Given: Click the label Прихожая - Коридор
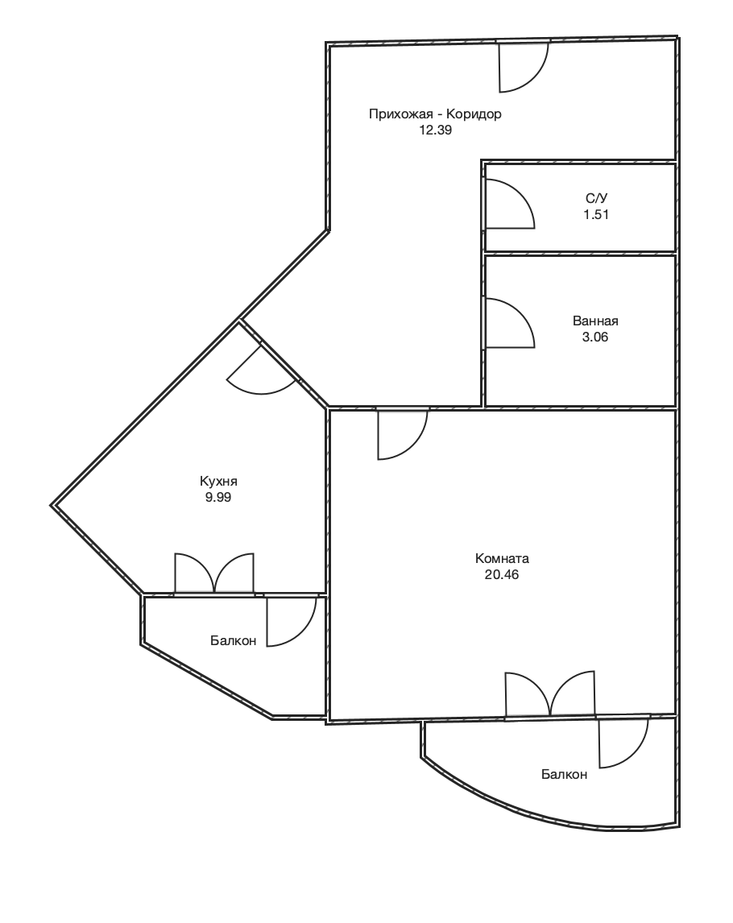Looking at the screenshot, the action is pyautogui.click(x=435, y=114).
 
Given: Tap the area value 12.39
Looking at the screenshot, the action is pyautogui.click(x=435, y=130).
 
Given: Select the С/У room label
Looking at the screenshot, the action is pyautogui.click(x=596, y=198).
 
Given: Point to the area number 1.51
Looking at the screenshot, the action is pyautogui.click(x=596, y=214).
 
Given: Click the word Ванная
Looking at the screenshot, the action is pyautogui.click(x=595, y=321).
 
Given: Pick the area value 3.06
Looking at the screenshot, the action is pyautogui.click(x=594, y=337).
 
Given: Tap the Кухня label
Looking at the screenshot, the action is pyautogui.click(x=218, y=482).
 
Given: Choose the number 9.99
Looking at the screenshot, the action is pyautogui.click(x=217, y=498).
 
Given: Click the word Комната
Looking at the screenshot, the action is pyautogui.click(x=502, y=559).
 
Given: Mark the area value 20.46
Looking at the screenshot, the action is pyautogui.click(x=502, y=574).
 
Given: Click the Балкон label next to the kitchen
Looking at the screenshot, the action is pyautogui.click(x=233, y=640).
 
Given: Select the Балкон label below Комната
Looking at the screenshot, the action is pyautogui.click(x=564, y=775).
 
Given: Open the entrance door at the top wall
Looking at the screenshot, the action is pyautogui.click(x=524, y=67).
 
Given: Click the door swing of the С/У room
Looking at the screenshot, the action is pyautogui.click(x=509, y=204).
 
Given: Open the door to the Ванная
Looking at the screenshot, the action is pyautogui.click(x=509, y=323).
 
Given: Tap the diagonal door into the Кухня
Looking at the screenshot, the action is pyautogui.click(x=262, y=370).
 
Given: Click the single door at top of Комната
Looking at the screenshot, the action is pyautogui.click(x=402, y=434).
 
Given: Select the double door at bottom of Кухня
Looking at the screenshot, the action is pyautogui.click(x=214, y=573).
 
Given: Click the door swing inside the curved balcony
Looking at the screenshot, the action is pyautogui.click(x=625, y=743).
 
